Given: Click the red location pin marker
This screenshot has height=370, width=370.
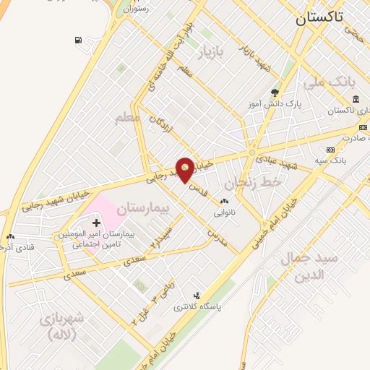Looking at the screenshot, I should pyautogui.click(x=185, y=169).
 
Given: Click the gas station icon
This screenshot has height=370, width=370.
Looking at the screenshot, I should pyautogui.click(x=77, y=40).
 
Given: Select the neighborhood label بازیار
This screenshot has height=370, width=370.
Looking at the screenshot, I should pyautogui.click(x=220, y=51).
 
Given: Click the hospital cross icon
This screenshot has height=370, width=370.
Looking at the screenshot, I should pyautogui.click(x=97, y=223).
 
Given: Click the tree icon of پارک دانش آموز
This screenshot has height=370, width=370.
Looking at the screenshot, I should pyautogui.click(x=274, y=92).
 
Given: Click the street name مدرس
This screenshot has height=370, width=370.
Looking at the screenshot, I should pyautogui.click(x=217, y=237).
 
